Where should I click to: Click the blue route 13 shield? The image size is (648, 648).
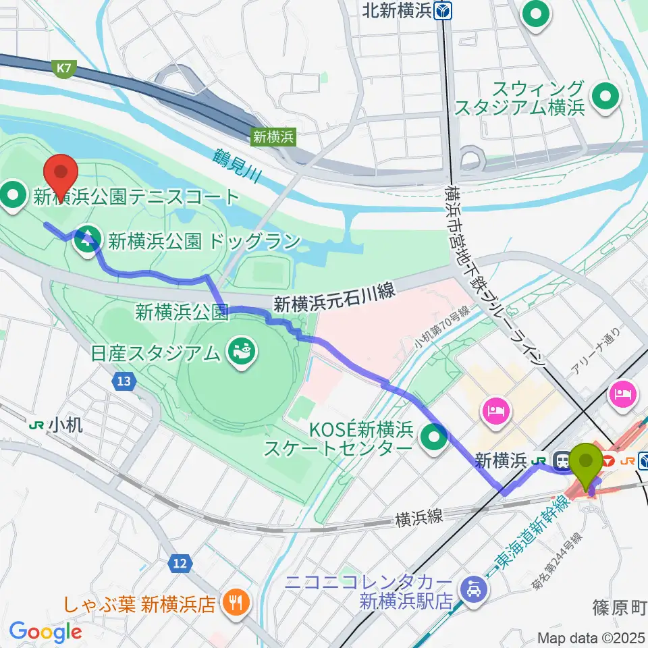122,382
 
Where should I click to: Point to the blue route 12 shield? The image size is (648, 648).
178,543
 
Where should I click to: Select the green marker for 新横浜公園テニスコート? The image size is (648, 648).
13,196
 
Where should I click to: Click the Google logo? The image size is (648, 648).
45,632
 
